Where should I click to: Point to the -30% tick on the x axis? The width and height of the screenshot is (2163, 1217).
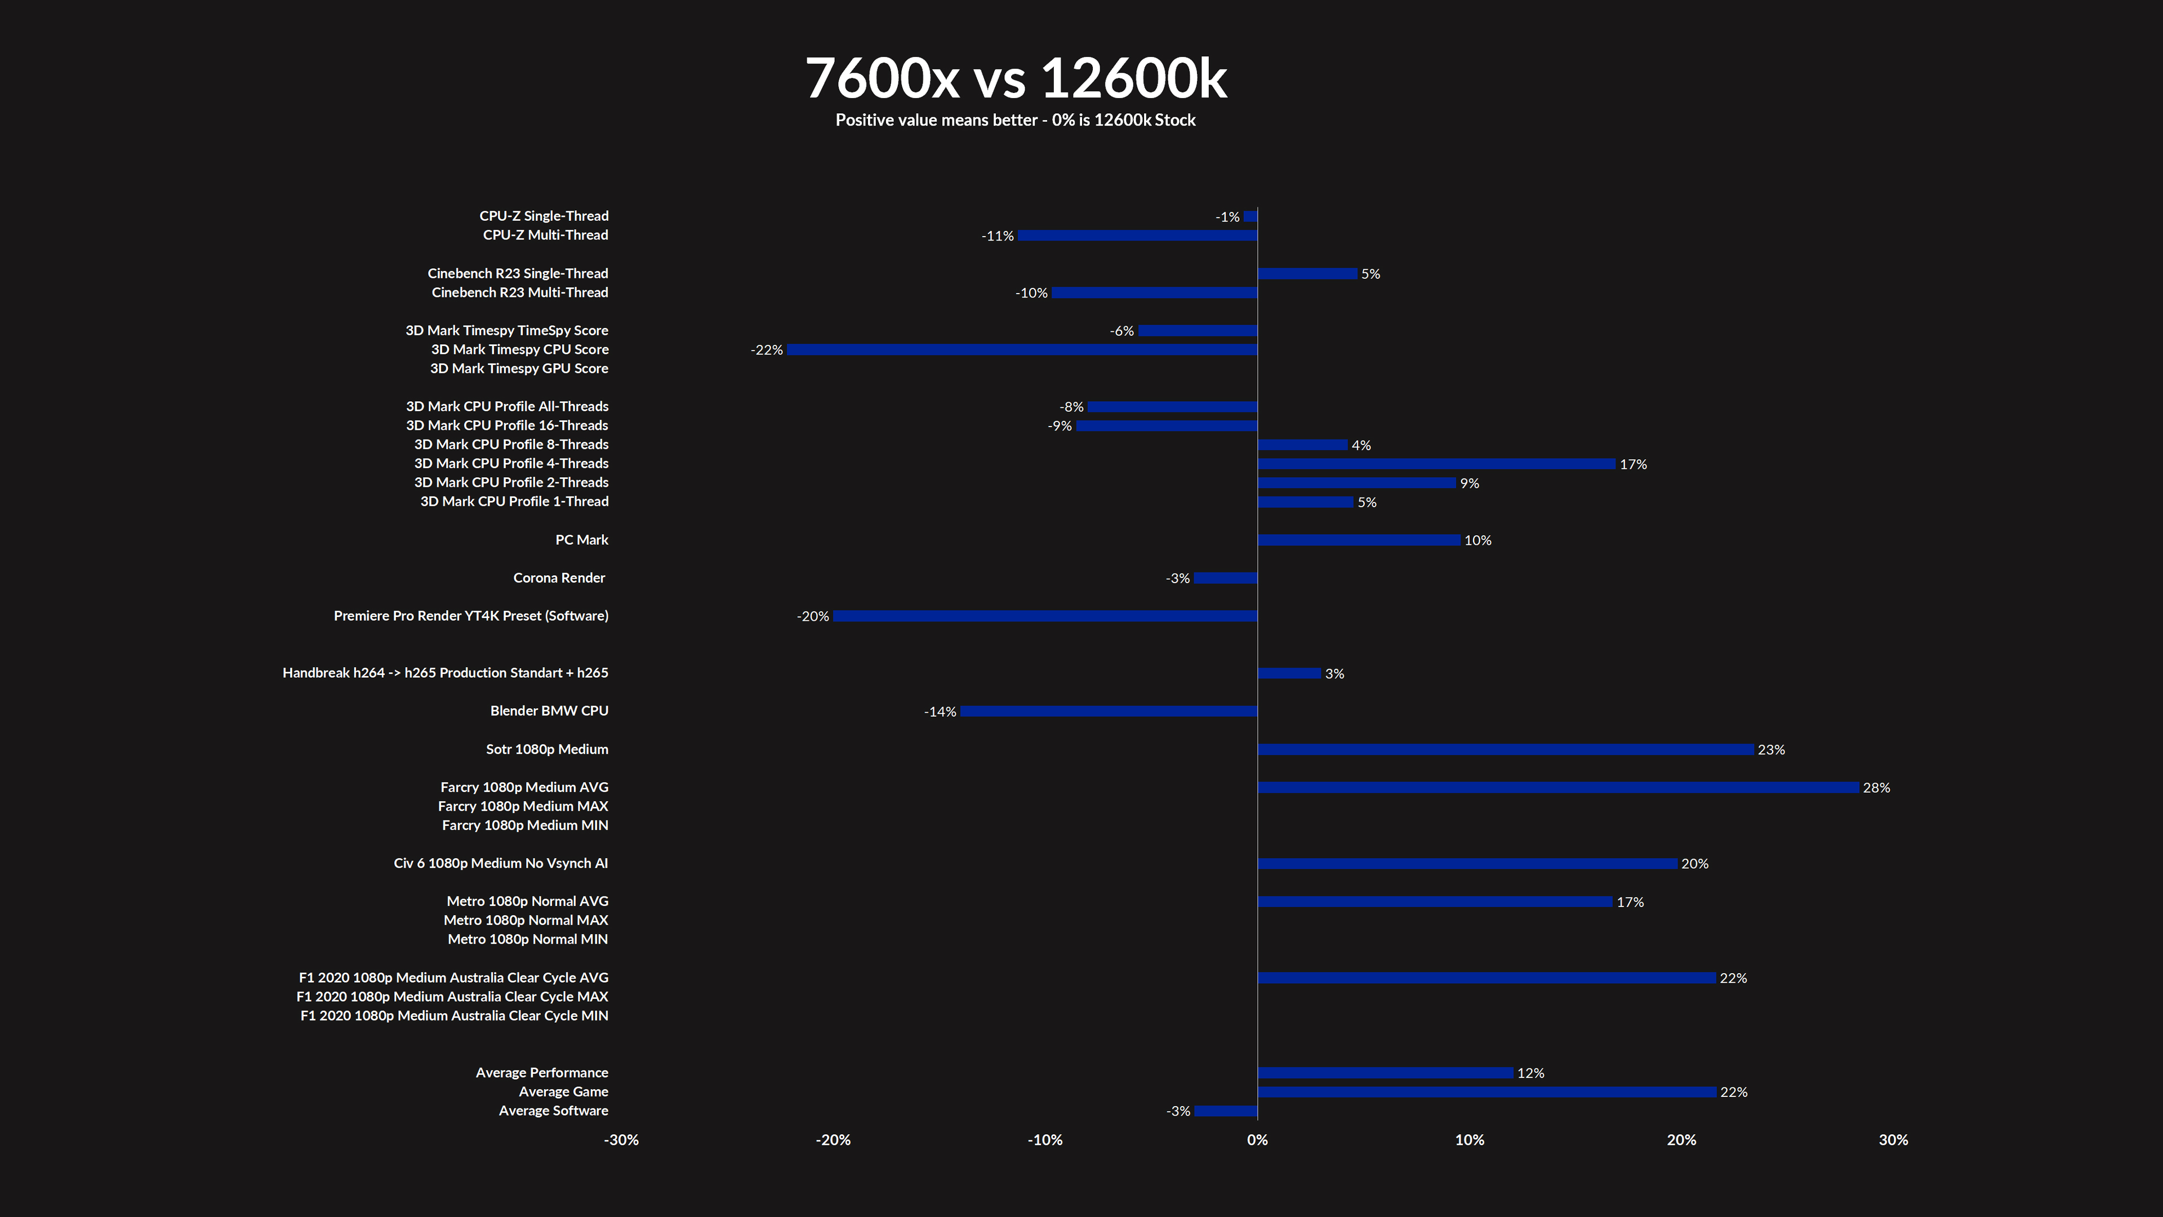click(x=621, y=1140)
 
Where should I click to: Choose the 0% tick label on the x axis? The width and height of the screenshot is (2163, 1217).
click(x=1257, y=1140)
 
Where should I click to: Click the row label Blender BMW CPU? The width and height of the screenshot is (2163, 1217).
click(x=549, y=710)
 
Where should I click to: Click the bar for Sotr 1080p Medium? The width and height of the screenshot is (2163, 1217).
click(x=1506, y=749)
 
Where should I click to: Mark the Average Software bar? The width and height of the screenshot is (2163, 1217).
click(x=1226, y=1111)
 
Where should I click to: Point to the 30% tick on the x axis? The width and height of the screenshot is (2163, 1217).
click(x=1893, y=1140)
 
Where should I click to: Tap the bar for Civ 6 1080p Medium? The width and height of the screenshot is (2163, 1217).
click(x=1467, y=863)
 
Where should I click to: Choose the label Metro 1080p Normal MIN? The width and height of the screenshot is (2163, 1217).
click(x=527, y=939)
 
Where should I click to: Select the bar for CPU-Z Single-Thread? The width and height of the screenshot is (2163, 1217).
click(x=1251, y=217)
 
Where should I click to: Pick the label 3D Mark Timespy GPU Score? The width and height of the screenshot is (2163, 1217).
click(x=519, y=368)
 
